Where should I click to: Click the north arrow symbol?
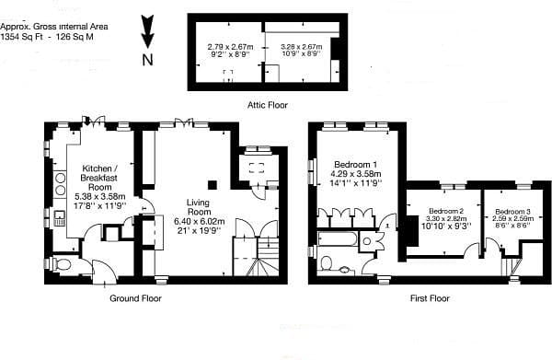[x=146, y=31]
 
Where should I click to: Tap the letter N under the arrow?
[x=146, y=60]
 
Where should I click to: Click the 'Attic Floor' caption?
[x=268, y=105]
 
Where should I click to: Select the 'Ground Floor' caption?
[x=135, y=298]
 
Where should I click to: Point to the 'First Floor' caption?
[x=431, y=298]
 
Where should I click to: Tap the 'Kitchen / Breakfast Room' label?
[x=98, y=176]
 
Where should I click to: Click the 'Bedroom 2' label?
[x=446, y=209]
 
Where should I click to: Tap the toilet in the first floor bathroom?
[x=327, y=262]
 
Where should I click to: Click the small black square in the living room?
[x=211, y=182]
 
